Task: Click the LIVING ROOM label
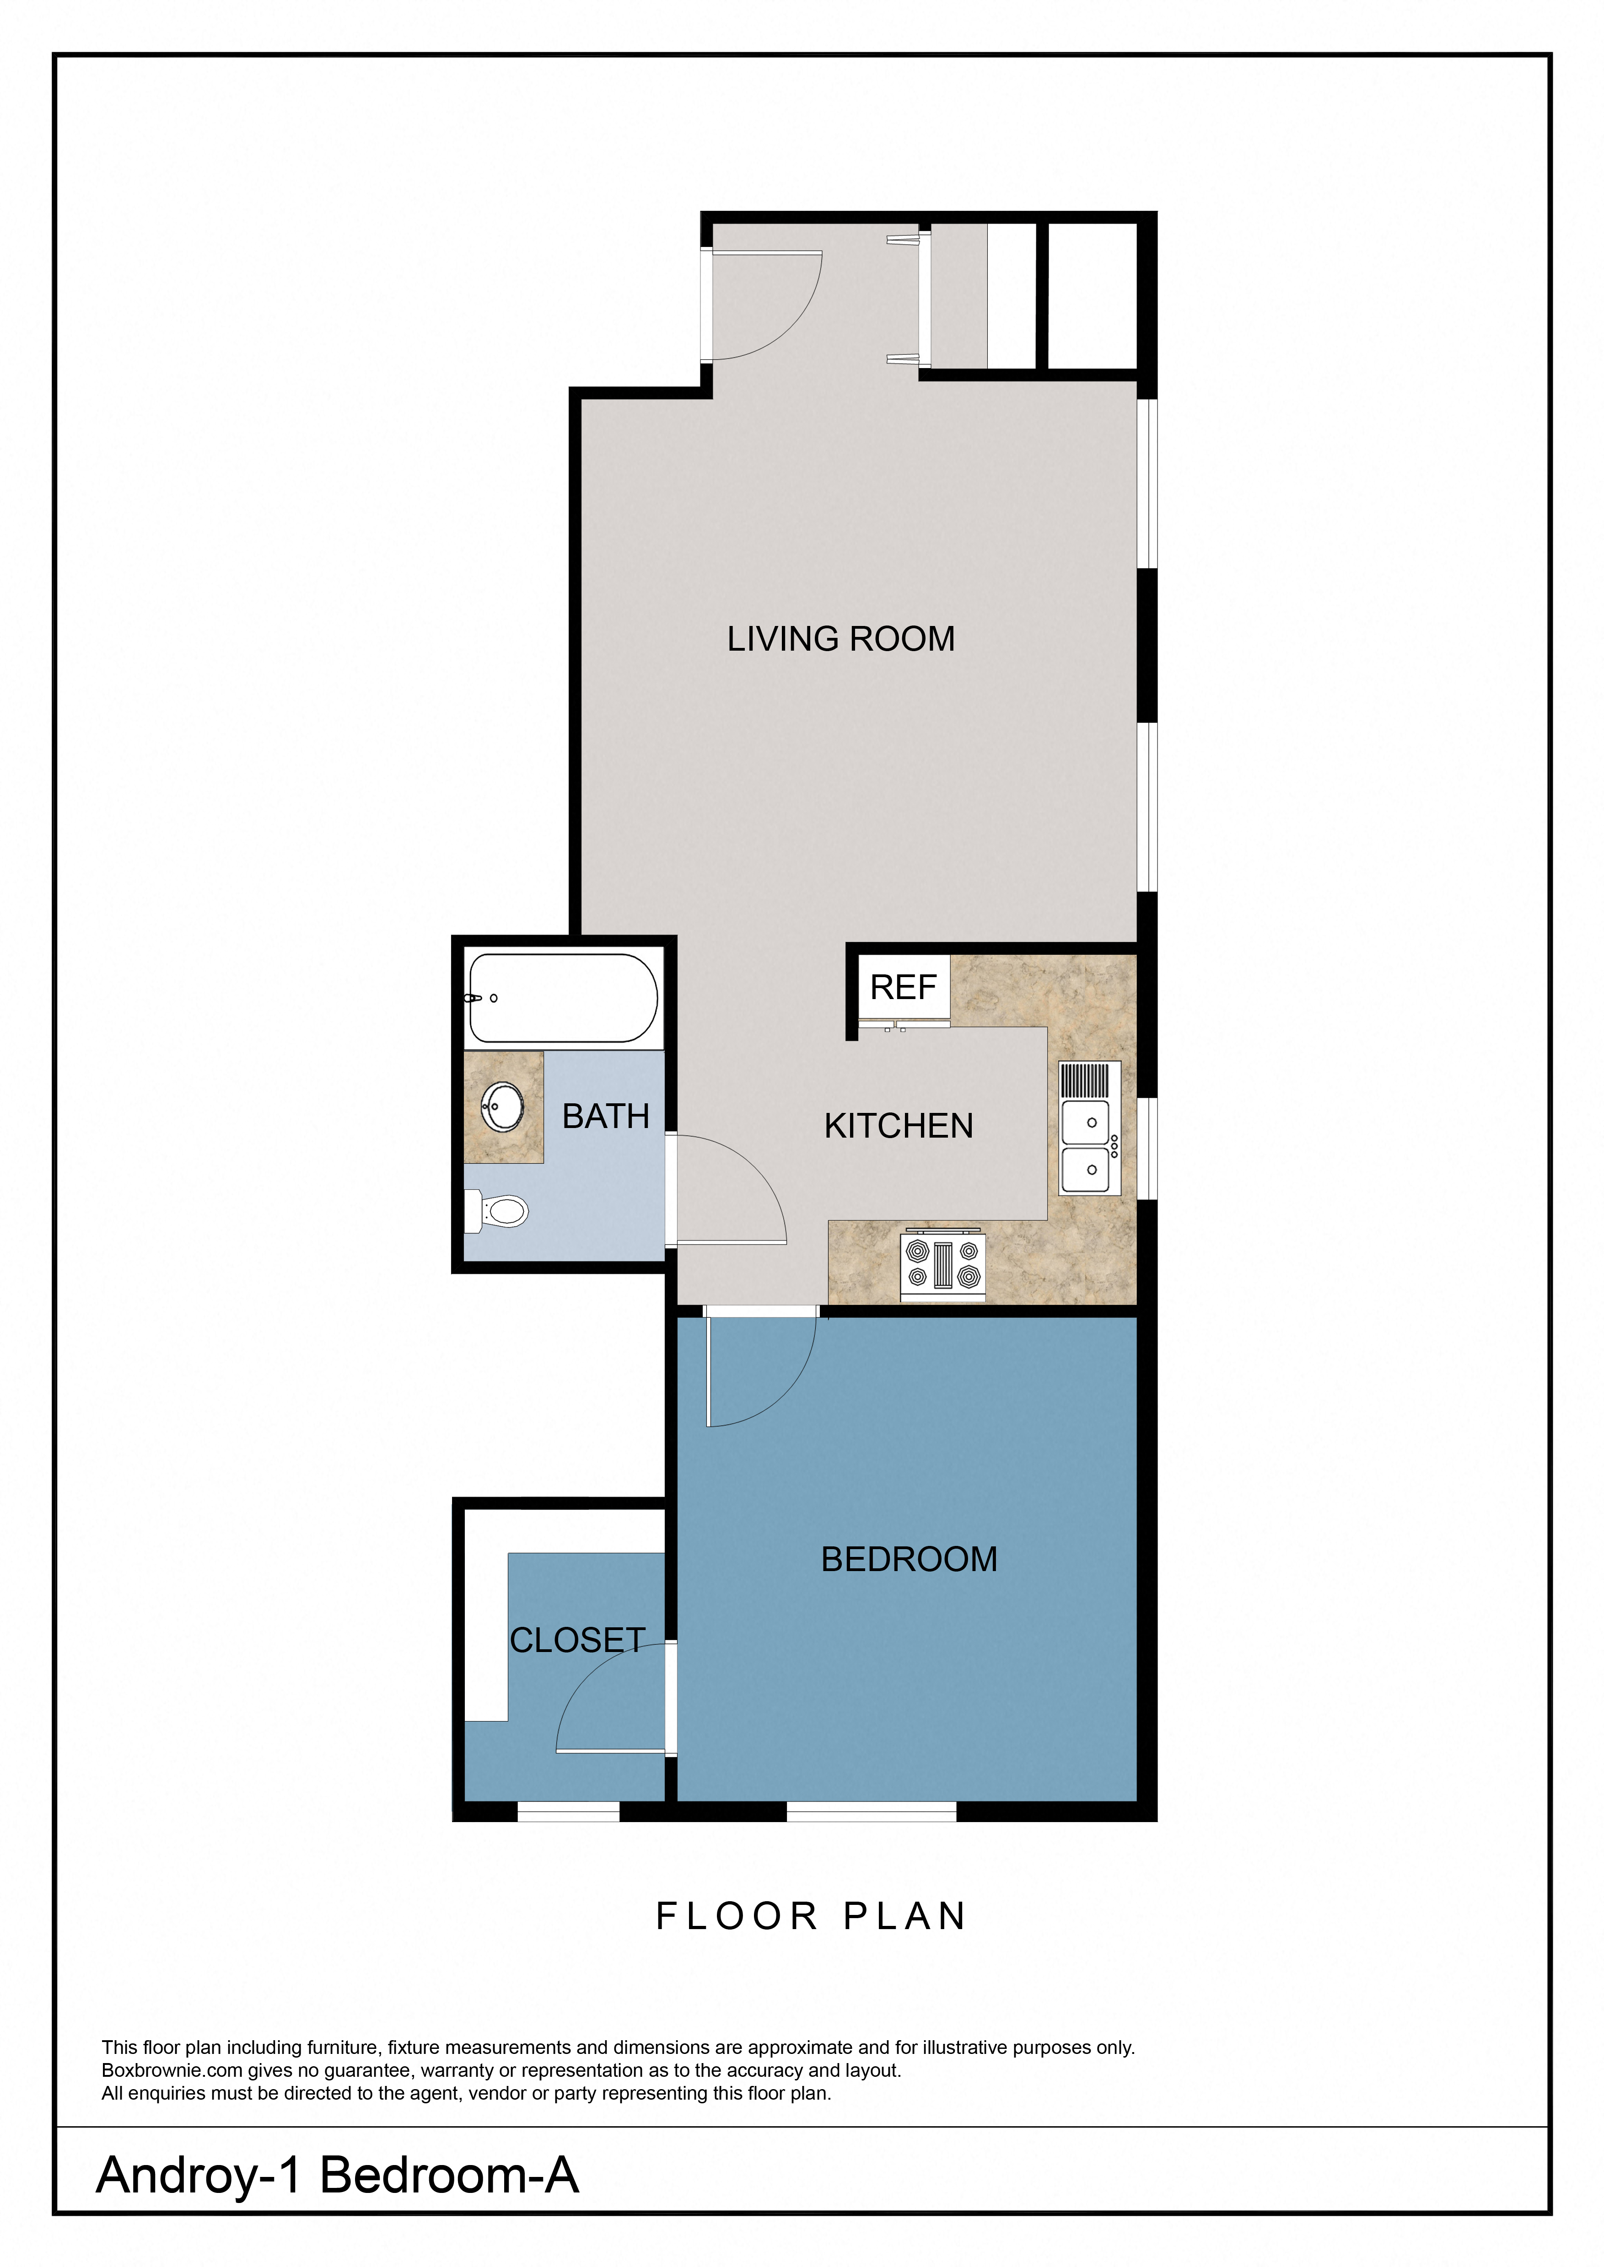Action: click(x=840, y=639)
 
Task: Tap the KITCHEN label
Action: click(x=898, y=1126)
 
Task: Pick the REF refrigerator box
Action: click(x=903, y=987)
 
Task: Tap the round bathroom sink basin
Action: click(x=504, y=1107)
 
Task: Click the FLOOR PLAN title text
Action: click(x=810, y=1916)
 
